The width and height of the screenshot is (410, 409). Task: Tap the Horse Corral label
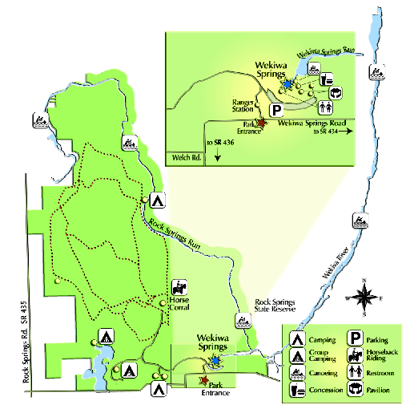click(180, 306)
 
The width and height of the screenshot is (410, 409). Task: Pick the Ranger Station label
click(243, 107)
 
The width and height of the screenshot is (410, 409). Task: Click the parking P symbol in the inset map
click(276, 110)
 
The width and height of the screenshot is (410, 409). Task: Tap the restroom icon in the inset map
click(328, 105)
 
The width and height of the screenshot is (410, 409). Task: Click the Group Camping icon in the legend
click(297, 356)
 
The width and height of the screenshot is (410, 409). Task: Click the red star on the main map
click(203, 380)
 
